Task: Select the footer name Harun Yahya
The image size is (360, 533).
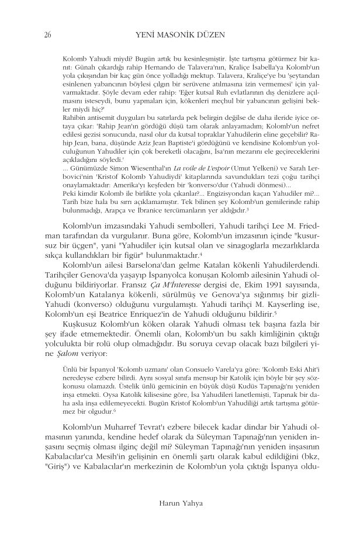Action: point(180,502)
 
